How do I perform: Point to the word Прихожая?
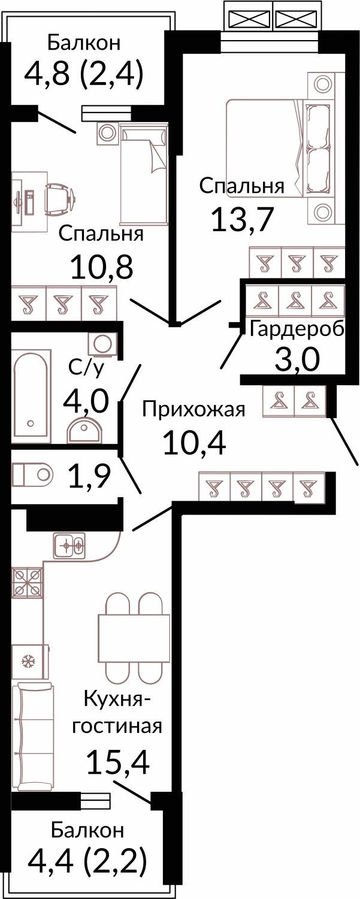pyautogui.click(x=194, y=410)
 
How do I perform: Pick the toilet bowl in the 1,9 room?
pyautogui.click(x=32, y=474)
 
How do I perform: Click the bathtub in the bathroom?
pyautogui.click(x=32, y=392)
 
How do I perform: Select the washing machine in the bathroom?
pyautogui.click(x=101, y=344)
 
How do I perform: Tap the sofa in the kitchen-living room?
pyautogui.click(x=32, y=738)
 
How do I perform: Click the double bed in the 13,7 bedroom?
pyautogui.click(x=280, y=149)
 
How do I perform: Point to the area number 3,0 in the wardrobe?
pyautogui.click(x=297, y=361)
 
